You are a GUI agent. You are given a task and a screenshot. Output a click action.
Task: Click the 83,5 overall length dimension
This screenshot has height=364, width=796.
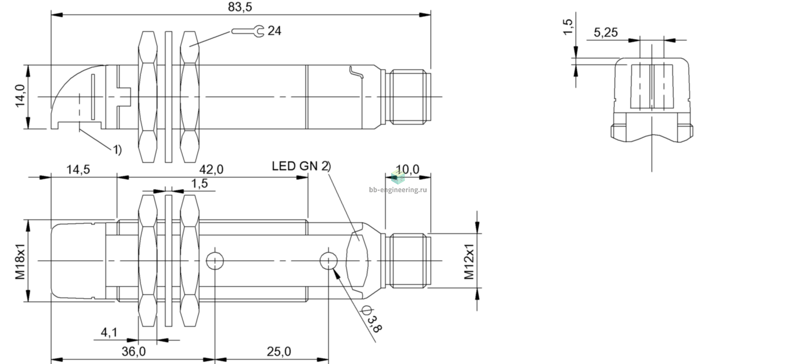tap(240, 7)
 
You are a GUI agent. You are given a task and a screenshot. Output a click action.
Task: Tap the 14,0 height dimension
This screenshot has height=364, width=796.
tap(20, 96)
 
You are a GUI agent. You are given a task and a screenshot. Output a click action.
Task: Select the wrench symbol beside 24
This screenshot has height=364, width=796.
tap(247, 31)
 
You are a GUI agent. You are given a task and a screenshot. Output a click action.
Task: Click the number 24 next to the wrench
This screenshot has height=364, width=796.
tap(275, 31)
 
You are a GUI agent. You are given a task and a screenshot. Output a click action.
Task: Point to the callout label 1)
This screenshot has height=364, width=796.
tap(117, 149)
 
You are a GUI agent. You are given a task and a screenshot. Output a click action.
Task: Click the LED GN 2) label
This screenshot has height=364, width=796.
tap(301, 166)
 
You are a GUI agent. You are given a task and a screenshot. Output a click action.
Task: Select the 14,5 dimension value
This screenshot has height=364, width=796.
tap(78, 170)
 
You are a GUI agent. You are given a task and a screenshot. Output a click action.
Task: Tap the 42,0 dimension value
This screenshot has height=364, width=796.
tap(212, 170)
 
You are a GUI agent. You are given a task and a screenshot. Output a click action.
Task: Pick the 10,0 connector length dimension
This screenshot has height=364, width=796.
tap(408, 170)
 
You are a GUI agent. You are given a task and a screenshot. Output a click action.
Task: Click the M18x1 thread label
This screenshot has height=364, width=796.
tap(20, 261)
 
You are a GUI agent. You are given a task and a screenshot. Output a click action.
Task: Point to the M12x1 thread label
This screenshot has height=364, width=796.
tap(469, 261)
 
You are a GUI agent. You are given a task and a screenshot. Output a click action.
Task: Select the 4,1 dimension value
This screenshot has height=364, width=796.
tap(109, 332)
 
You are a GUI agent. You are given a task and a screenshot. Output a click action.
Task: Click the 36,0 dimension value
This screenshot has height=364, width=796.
tap(134, 351)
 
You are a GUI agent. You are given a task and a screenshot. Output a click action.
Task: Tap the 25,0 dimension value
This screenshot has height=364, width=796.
tap(279, 351)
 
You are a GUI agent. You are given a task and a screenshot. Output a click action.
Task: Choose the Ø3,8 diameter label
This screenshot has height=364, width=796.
tap(371, 319)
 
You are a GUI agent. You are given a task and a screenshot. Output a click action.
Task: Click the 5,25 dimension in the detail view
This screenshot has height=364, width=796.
tap(606, 32)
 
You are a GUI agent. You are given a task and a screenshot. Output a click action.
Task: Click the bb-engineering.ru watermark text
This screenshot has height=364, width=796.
tap(398, 190)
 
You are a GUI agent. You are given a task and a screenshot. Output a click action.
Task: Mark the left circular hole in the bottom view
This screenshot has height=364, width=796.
tap(215, 261)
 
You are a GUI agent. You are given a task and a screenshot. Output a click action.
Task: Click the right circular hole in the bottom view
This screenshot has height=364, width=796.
tap(329, 261)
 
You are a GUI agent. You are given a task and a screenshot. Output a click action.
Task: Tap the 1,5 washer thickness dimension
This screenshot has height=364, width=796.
tap(200, 183)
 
